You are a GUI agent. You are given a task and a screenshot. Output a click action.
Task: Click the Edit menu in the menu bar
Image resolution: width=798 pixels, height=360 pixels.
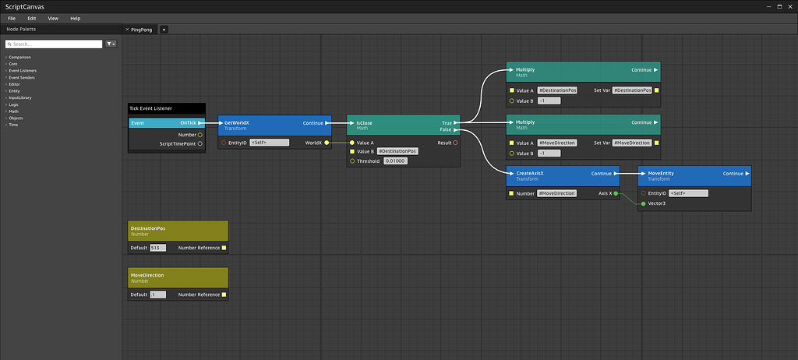pos(31,18)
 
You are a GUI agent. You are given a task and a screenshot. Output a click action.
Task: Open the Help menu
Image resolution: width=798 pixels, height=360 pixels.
pos(75,18)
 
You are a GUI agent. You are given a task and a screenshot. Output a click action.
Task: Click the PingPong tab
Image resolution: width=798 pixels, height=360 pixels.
pos(142,29)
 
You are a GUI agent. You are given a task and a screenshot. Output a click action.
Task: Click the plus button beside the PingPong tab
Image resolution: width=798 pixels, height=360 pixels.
pos(164,30)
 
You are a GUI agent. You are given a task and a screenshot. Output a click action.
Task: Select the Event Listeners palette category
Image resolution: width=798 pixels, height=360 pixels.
pos(23,70)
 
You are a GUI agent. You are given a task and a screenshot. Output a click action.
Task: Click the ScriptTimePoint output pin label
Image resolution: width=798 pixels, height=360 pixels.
pos(178,143)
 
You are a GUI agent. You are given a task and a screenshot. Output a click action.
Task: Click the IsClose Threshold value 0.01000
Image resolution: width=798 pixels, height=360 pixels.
pos(394,161)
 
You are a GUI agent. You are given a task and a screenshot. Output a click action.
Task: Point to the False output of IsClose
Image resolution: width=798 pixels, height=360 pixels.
pos(446,129)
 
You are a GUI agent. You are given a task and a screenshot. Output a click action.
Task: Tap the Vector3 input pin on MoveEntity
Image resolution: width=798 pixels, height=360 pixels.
pos(643,203)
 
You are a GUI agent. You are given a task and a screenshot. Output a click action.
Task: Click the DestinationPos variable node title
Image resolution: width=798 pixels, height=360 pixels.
pos(178,231)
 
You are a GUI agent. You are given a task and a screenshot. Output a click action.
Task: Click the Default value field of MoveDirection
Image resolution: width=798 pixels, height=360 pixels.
pos(158,295)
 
